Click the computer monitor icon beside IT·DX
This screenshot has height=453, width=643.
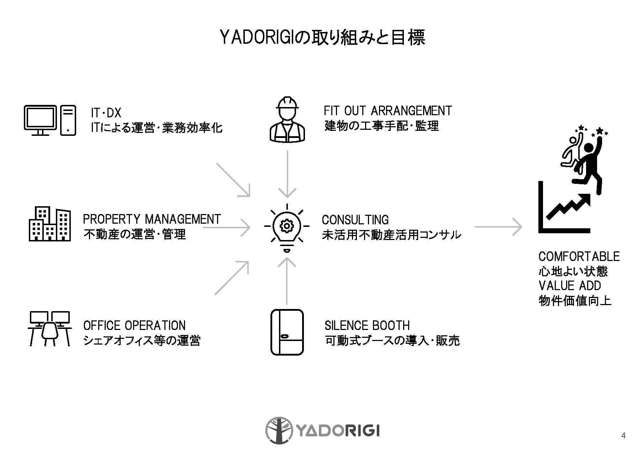pyautogui.click(x=40, y=120)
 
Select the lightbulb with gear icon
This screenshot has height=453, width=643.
pyautogui.click(x=286, y=226)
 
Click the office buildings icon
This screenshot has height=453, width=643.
pyautogui.click(x=49, y=224)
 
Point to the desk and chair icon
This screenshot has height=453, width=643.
pyautogui.click(x=49, y=329)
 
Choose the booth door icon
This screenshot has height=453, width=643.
pyautogui.click(x=287, y=332)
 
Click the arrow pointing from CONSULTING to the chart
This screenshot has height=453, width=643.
pyautogui.click(x=498, y=226)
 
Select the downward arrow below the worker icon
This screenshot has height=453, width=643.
pyautogui.click(x=287, y=174)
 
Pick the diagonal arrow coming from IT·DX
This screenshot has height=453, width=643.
pyautogui.click(x=233, y=180)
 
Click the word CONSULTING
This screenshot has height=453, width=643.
pyautogui.click(x=355, y=220)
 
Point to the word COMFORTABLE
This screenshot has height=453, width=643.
pyautogui.click(x=579, y=256)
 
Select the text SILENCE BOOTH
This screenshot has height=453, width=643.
pyautogui.click(x=367, y=325)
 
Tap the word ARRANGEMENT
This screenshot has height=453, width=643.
pyautogui.click(x=411, y=111)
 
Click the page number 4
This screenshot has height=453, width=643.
pyautogui.click(x=623, y=436)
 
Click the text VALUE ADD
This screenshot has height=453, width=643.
pyautogui.click(x=569, y=286)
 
